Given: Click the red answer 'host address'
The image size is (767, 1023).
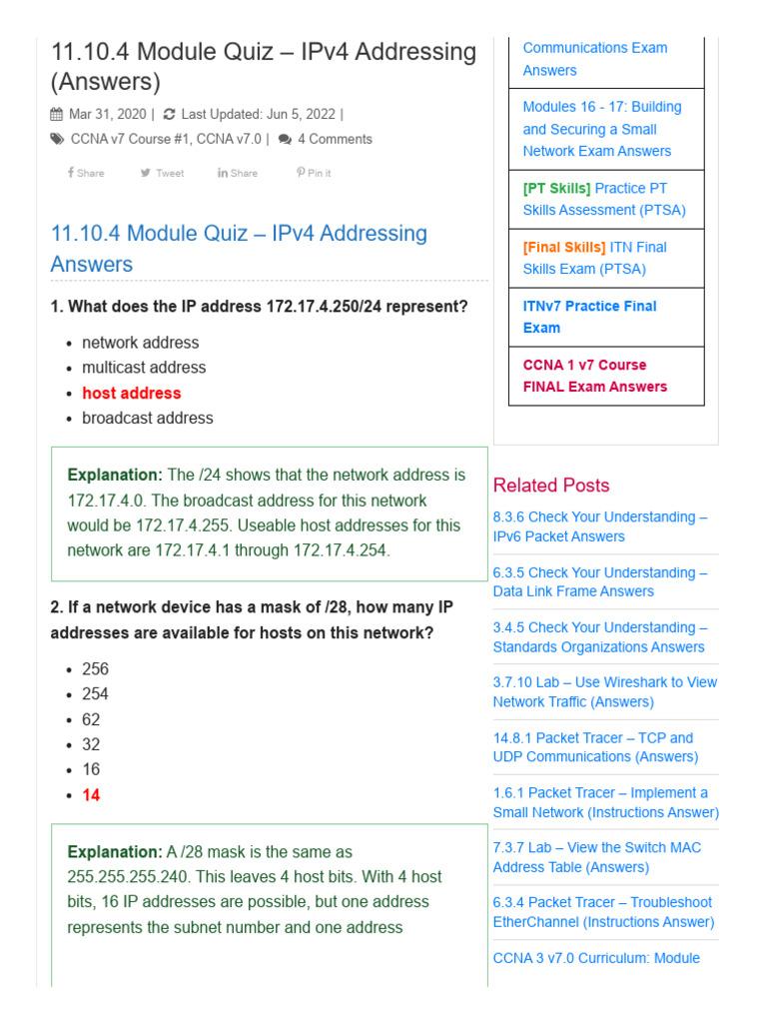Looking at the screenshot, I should point(132,393).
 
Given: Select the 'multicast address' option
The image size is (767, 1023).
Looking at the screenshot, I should point(144,368).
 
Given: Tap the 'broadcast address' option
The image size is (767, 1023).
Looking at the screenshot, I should point(148,418).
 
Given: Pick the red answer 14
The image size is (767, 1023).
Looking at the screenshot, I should point(91,795).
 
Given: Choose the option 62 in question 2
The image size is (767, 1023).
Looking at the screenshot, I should point(91,719).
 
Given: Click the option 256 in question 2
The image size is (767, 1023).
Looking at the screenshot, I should point(95,669).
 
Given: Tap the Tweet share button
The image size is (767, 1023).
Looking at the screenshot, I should point(163,173).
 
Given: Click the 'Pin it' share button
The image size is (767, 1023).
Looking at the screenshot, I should point(314,173).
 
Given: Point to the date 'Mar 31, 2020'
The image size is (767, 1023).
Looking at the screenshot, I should point(107,114).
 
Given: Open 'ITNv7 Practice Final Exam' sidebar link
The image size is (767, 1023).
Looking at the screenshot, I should point(589,317).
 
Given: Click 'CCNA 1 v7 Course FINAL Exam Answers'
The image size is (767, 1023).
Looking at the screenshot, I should point(594,376).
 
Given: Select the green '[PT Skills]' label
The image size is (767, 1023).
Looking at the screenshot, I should point(556,188).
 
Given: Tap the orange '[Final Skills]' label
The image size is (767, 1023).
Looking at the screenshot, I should point(563,247).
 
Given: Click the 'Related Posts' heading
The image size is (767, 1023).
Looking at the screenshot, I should point(551,486).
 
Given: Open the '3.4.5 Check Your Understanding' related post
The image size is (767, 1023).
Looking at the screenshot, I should point(599,637).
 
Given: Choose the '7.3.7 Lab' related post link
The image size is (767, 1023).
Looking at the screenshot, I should point(596,857).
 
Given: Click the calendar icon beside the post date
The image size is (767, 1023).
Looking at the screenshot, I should point(56,114).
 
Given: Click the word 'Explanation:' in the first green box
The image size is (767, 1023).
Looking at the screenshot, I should point(114,475).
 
